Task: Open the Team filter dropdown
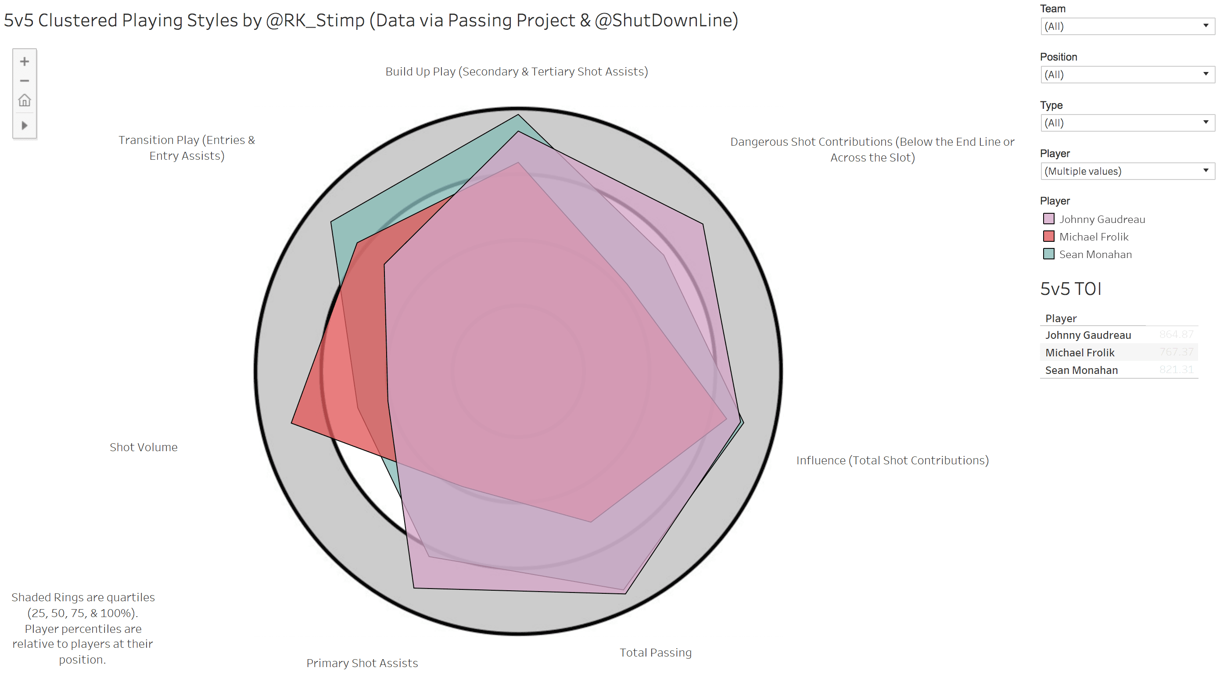click(x=1127, y=26)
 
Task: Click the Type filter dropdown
click(x=1127, y=123)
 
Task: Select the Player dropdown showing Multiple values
click(x=1127, y=172)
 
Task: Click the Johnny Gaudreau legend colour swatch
click(x=1048, y=219)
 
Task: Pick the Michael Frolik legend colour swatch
click(x=1048, y=237)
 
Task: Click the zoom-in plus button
click(x=25, y=61)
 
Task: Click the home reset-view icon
click(x=25, y=101)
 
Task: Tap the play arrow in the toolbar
click(x=25, y=126)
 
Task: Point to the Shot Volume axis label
click(x=144, y=448)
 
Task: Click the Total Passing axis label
click(x=656, y=653)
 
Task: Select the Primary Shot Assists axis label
click(x=362, y=663)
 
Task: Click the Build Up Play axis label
click(x=516, y=72)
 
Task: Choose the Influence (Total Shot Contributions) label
click(x=892, y=460)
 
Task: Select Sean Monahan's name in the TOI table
click(x=1081, y=370)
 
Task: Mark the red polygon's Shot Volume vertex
click(x=292, y=423)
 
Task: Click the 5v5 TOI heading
click(x=1070, y=289)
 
